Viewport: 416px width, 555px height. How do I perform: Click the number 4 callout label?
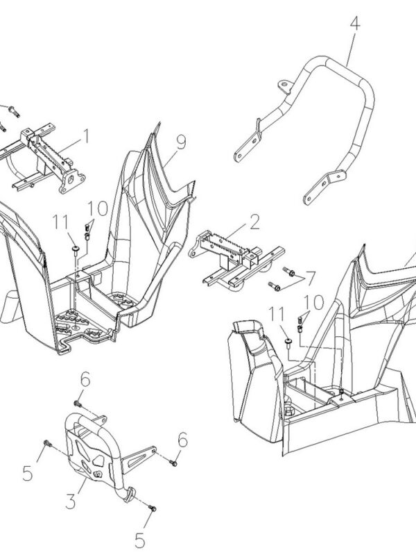354,23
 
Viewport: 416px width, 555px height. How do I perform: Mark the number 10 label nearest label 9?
98,208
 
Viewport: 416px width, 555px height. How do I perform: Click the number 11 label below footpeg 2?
278,314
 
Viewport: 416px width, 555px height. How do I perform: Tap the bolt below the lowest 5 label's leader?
153,510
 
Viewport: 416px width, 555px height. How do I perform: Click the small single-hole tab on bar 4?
282,85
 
